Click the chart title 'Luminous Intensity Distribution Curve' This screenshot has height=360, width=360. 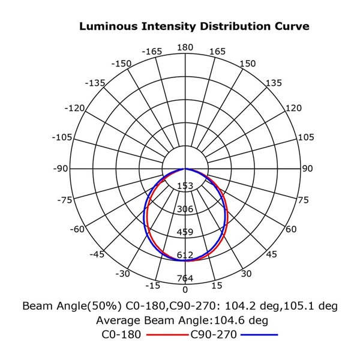(194, 27)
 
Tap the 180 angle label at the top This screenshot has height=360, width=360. (185, 47)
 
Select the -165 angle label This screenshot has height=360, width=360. (152, 52)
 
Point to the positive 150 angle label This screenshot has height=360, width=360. (247, 64)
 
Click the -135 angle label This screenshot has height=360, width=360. (96, 82)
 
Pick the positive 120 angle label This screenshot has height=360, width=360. (293, 108)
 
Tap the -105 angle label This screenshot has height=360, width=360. (62, 137)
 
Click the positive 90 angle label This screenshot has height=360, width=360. (307, 169)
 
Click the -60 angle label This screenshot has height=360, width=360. (76, 229)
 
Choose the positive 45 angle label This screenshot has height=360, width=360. (271, 254)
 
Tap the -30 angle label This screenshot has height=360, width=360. (123, 274)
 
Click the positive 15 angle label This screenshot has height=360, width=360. (217, 285)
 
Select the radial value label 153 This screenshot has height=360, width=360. (185, 186)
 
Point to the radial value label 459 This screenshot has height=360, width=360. (185, 232)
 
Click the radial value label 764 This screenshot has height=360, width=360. (185, 278)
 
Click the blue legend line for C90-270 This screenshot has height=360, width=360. (259, 335)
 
